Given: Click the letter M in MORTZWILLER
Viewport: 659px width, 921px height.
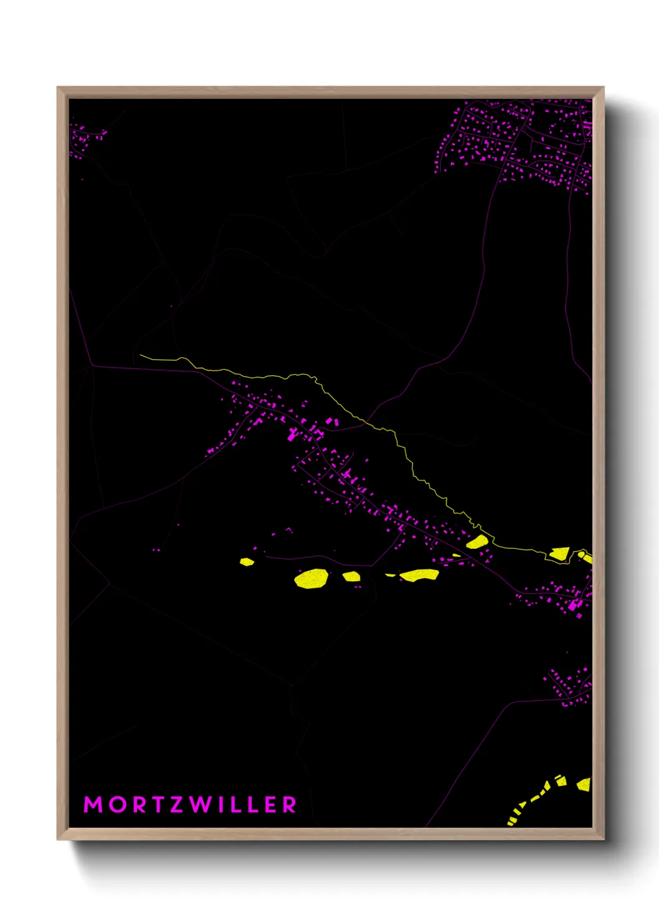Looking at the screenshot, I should click(93, 805).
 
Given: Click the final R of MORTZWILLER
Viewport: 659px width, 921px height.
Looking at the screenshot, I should click(290, 805).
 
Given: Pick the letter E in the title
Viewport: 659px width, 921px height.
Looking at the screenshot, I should click(271, 805).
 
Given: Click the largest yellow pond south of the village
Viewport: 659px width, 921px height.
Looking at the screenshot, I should click(311, 579).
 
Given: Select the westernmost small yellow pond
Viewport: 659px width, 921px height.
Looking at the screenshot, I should click(247, 562).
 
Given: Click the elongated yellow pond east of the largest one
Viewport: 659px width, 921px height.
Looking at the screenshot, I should click(419, 575).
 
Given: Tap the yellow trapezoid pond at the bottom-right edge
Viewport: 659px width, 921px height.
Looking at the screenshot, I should click(584, 784).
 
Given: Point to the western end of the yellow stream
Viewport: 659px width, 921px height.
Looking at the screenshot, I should click(141, 356).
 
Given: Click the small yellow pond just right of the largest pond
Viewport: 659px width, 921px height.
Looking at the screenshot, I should click(351, 576).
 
